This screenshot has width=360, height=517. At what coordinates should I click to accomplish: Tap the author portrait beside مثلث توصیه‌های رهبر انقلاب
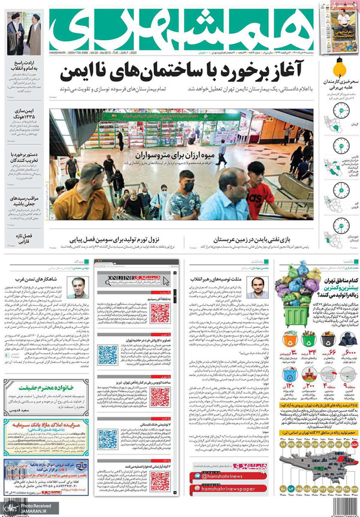click(x=255, y=285)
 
